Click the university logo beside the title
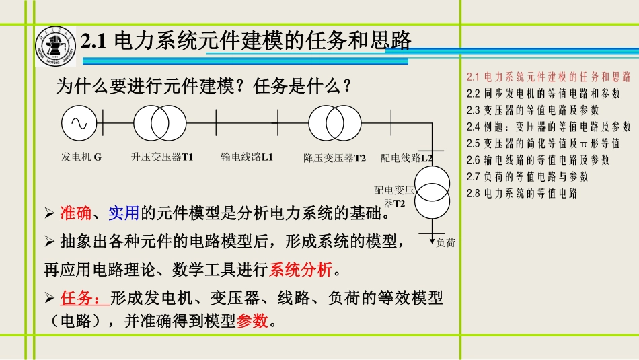coord(57,47)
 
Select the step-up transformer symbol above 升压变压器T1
coord(160,123)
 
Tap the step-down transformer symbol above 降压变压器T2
coord(334,123)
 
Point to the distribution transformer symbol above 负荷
coord(432,192)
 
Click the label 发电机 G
coord(81,157)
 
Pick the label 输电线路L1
coord(247,157)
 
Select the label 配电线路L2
coord(406,158)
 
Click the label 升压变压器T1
coord(162,157)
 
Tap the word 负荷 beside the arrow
coord(446,243)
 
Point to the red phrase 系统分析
coord(301,271)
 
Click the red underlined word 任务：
coord(83,297)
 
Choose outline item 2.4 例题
coord(548,127)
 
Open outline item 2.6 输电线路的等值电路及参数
coord(537,160)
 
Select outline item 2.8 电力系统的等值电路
coord(521,194)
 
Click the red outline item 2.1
coord(548,76)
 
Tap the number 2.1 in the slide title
coord(95,42)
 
